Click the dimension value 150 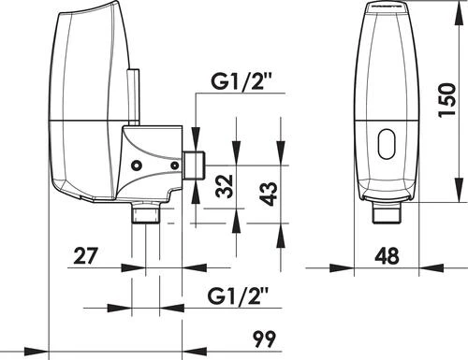(446, 100)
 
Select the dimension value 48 (387, 256)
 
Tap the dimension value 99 (264, 338)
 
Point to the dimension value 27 (86, 256)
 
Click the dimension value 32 (225, 186)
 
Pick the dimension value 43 (268, 194)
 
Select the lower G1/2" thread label (239, 295)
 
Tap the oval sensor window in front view (387, 144)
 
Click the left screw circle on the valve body (137, 166)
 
